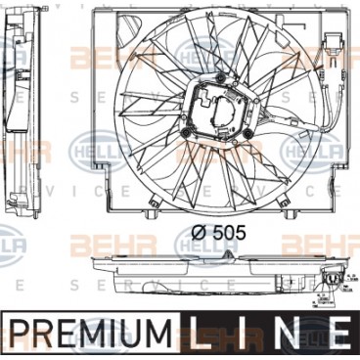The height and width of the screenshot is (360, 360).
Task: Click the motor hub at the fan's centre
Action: point(223,110)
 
